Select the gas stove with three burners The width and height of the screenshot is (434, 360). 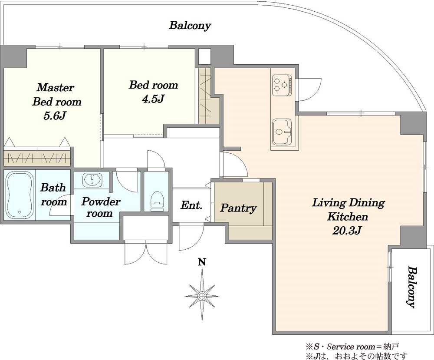tap(282, 84)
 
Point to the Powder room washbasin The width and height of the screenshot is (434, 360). tap(92, 180)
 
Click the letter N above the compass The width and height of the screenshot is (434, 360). tap(202, 262)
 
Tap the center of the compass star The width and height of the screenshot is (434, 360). tap(202, 296)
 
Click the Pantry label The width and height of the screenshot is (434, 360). tap(238, 208)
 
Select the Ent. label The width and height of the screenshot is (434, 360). tap(191, 205)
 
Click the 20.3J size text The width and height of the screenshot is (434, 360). tap(347, 231)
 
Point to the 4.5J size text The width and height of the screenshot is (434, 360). tap(153, 99)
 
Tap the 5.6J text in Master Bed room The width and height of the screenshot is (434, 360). tap(55, 116)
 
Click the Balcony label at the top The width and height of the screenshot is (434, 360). tap(190, 25)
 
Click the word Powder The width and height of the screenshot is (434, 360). tap(101, 201)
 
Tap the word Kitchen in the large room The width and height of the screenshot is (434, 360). tap(348, 216)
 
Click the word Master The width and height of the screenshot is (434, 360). tap(56, 88)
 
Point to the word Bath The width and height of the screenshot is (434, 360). tap(53, 188)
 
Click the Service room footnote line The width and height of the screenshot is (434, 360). tap(352, 347)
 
